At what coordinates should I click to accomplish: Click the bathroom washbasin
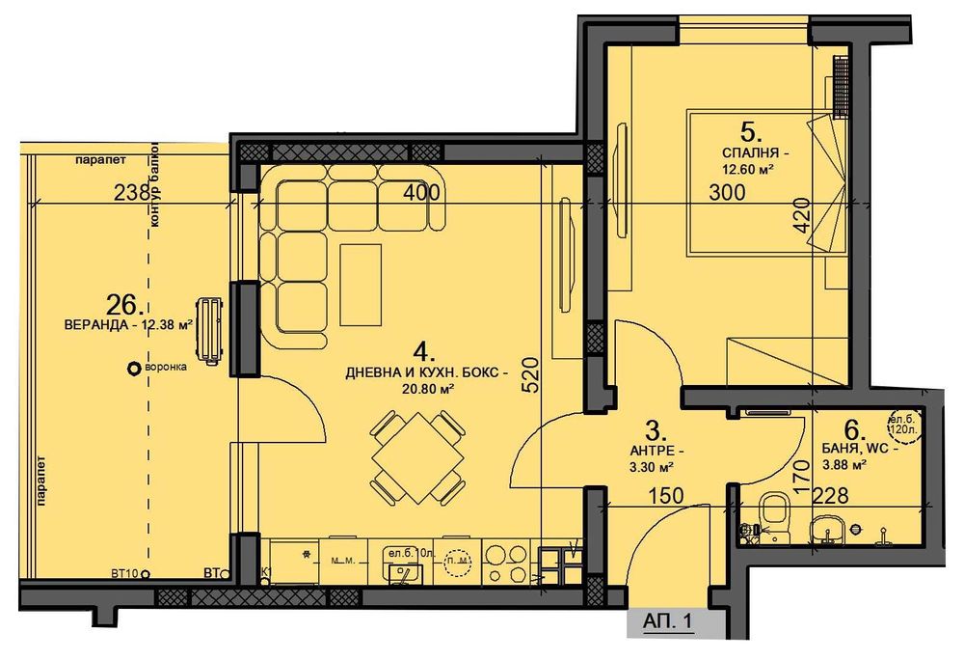829,527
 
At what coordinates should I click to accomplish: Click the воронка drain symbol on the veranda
133,368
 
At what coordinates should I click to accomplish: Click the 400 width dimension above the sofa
421,192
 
